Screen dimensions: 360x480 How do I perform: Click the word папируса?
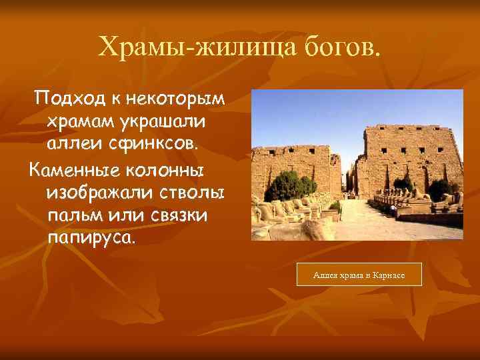90,238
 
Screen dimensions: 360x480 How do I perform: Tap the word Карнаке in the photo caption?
387,275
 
